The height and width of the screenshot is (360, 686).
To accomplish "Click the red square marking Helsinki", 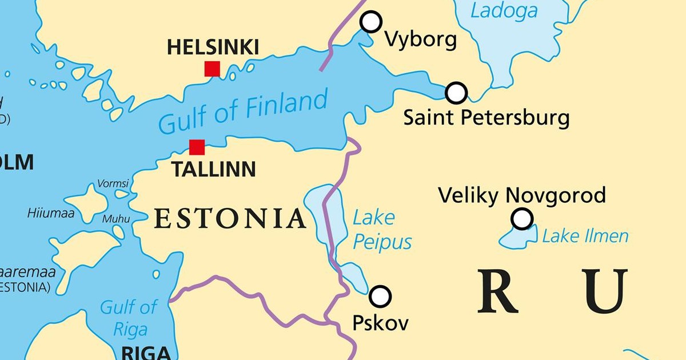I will pos(212,69).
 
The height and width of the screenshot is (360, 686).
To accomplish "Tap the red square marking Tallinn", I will pos(197,147).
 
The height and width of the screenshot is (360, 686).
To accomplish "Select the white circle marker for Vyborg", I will pos(371,22).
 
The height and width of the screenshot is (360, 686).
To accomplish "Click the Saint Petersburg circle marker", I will pos(456,92).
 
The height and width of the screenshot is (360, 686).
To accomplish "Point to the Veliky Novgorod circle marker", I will pos(522,218).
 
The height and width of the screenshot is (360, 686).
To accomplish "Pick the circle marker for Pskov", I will pos(380,297).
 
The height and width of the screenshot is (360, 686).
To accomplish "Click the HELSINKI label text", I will pos(213,47).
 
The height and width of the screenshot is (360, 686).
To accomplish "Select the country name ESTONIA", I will pos(230,219).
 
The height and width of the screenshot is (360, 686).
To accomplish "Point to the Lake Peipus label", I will pos(381,230).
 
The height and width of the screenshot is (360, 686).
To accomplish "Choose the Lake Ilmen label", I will pos(585,236).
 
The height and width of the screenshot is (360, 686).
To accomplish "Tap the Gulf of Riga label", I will pos(128,318).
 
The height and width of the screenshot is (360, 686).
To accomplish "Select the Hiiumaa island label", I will pos(51,214).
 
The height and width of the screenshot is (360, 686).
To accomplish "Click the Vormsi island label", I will pos(113,184).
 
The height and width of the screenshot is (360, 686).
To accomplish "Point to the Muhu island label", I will pos(116,219).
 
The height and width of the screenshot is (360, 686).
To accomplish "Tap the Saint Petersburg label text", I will pos(486,118).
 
